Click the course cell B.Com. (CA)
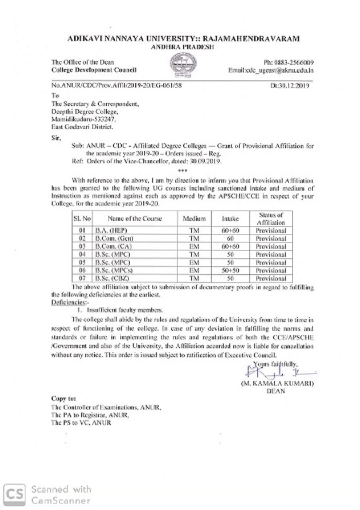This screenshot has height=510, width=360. tap(112, 247)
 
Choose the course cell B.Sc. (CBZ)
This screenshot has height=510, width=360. tap(111, 279)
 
